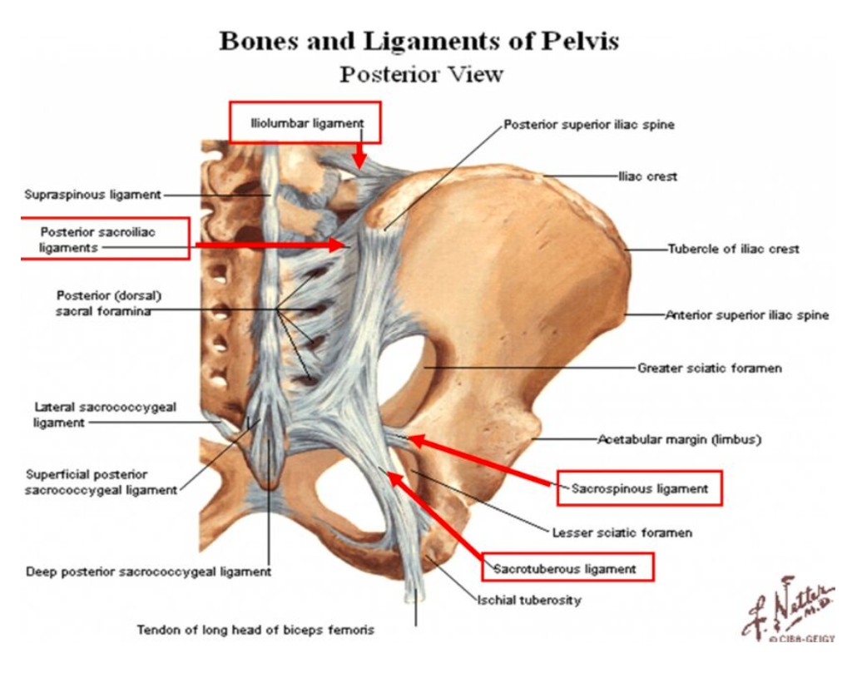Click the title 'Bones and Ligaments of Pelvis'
419,41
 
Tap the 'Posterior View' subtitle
421,74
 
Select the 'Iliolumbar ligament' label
306,123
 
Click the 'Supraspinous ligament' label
92,195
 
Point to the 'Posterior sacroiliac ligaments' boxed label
97,240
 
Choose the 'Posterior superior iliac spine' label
588,125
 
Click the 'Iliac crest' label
647,176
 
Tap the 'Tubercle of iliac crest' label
733,249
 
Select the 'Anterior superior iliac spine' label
746,316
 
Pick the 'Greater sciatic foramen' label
709,367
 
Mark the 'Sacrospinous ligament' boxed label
639,488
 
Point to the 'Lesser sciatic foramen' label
622,532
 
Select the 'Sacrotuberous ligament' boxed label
565,569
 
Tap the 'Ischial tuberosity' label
528,600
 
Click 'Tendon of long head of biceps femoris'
255,630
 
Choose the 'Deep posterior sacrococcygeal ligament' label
149,572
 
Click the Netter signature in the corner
786,609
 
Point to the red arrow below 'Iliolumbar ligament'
359,155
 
